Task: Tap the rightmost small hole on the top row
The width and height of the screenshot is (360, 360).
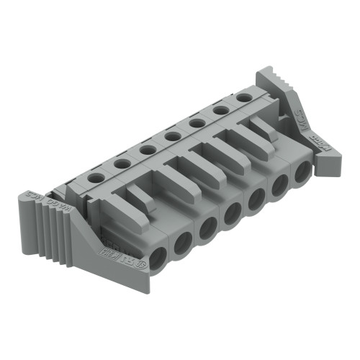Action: tap(245, 96)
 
